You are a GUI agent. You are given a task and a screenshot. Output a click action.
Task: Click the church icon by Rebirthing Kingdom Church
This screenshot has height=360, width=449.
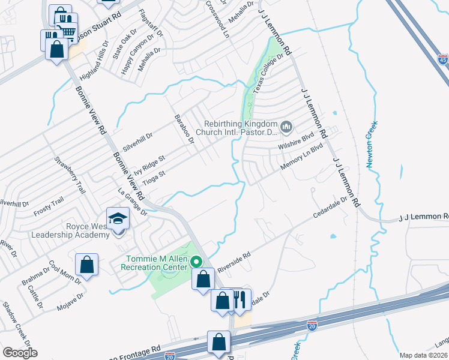[x=286, y=127]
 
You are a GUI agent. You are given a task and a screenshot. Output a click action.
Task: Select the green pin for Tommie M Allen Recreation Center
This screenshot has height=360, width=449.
[x=196, y=261]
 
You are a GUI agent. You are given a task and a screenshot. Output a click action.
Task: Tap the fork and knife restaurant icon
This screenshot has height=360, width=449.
[x=240, y=298]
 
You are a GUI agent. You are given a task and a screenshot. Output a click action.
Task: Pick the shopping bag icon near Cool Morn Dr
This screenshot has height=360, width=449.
[x=87, y=265]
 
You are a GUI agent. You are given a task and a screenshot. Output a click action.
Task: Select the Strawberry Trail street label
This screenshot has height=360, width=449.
[x=69, y=175]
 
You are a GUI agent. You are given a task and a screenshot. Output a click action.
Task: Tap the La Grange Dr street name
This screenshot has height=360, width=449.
[x=133, y=201]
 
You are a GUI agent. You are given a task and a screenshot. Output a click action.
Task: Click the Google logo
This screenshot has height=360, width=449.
[x=20, y=353]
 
